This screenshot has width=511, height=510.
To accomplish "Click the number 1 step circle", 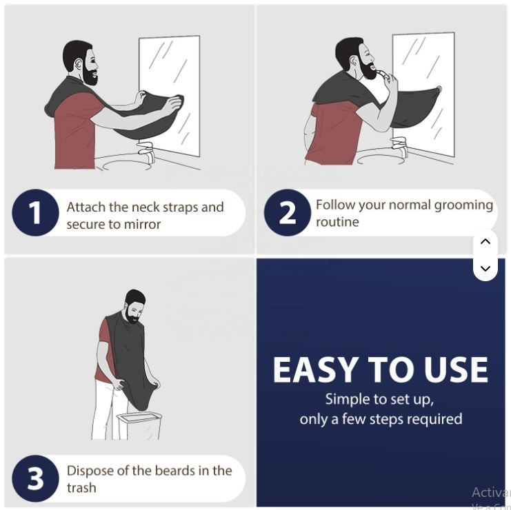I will (x=35, y=213).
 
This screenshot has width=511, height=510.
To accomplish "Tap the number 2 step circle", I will (x=287, y=213).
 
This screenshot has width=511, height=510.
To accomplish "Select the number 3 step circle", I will (x=35, y=478).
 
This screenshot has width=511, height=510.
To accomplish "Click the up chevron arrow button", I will (x=485, y=241).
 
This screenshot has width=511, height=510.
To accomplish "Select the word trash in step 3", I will (x=81, y=488).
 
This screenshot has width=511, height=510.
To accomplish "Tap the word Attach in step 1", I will (x=86, y=207).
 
